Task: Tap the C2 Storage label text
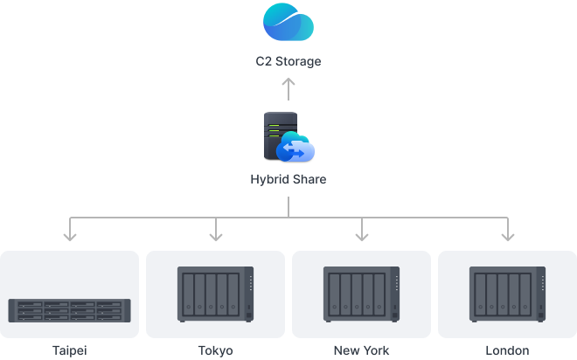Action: pyautogui.click(x=288, y=62)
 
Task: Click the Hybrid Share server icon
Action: pyautogui.click(x=281, y=134)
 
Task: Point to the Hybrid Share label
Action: pyautogui.click(x=288, y=181)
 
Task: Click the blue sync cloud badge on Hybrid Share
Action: pyautogui.click(x=295, y=151)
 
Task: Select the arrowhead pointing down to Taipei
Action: pyautogui.click(x=70, y=233)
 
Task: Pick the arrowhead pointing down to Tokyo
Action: pyautogui.click(x=216, y=233)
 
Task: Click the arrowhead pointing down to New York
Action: pyautogui.click(x=361, y=233)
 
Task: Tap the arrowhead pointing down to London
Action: pyautogui.click(x=507, y=233)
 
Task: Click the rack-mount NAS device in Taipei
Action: pyautogui.click(x=70, y=309)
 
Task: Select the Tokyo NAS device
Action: pyautogui.click(x=216, y=294)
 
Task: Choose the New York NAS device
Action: pyautogui.click(x=361, y=294)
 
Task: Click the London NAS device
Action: pyautogui.click(x=507, y=294)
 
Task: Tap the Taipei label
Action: pyautogui.click(x=70, y=350)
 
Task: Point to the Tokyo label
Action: pyautogui.click(x=216, y=350)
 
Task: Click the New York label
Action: pyautogui.click(x=361, y=350)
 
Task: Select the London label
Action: pyautogui.click(x=507, y=350)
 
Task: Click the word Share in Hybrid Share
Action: pyautogui.click(x=309, y=181)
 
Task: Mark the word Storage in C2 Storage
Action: pyautogui.click(x=299, y=62)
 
